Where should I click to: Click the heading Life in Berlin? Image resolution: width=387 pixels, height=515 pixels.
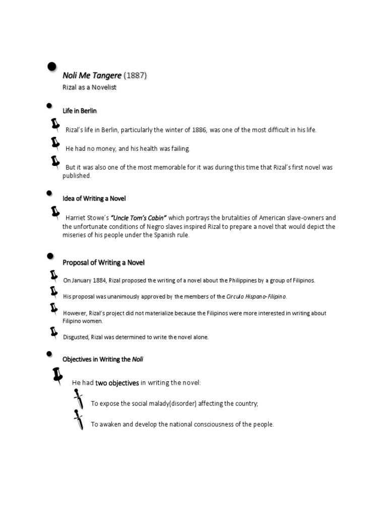(80, 111)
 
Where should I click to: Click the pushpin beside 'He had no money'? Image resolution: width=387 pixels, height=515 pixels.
(55, 143)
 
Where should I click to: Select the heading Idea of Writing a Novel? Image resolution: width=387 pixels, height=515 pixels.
(94, 199)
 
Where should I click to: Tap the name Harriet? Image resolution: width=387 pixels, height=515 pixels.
(77, 218)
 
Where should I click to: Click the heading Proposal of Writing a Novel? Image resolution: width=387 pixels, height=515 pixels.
(103, 262)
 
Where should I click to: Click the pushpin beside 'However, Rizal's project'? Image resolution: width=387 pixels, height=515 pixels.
(53, 308)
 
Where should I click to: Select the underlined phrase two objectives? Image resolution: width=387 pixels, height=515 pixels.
(117, 383)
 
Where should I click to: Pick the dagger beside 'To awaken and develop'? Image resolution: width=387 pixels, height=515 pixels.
(78, 420)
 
